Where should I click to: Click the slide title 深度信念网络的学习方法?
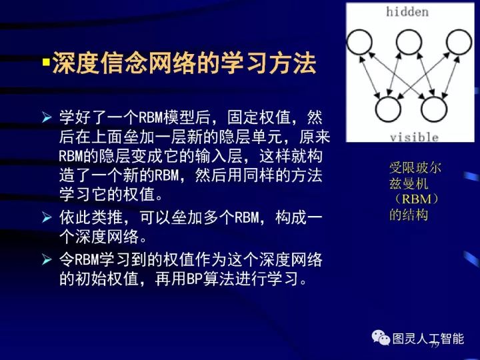tap(184, 65)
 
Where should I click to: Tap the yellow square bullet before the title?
tap(46, 64)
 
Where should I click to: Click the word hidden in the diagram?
tap(407, 12)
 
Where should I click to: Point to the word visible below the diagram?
tap(414, 137)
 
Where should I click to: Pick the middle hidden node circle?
tap(409, 41)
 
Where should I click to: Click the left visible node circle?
tap(387, 108)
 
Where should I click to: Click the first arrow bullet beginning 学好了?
tap(47, 119)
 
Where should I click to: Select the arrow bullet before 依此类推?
tap(47, 217)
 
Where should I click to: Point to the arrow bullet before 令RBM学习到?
tap(47, 259)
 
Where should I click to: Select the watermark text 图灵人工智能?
tap(428, 338)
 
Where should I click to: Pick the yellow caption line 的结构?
tap(409, 215)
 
